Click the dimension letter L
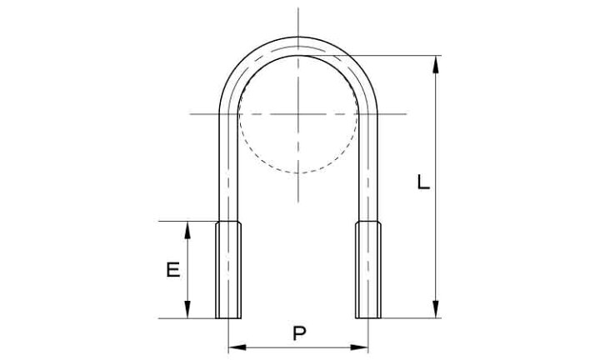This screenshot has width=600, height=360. click(x=423, y=182)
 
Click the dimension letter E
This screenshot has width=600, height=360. click(x=173, y=270)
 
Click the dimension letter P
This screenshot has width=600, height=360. click(x=299, y=333)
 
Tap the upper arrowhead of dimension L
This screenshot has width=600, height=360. click(x=436, y=64)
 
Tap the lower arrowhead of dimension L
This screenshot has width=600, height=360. click(x=436, y=309)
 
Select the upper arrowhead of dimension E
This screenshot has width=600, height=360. click(x=187, y=230)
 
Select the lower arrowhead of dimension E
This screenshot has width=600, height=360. click(x=187, y=309)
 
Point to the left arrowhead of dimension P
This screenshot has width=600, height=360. click(x=237, y=347)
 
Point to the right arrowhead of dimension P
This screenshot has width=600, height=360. click(x=359, y=347)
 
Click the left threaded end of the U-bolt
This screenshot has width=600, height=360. click(x=228, y=270)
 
